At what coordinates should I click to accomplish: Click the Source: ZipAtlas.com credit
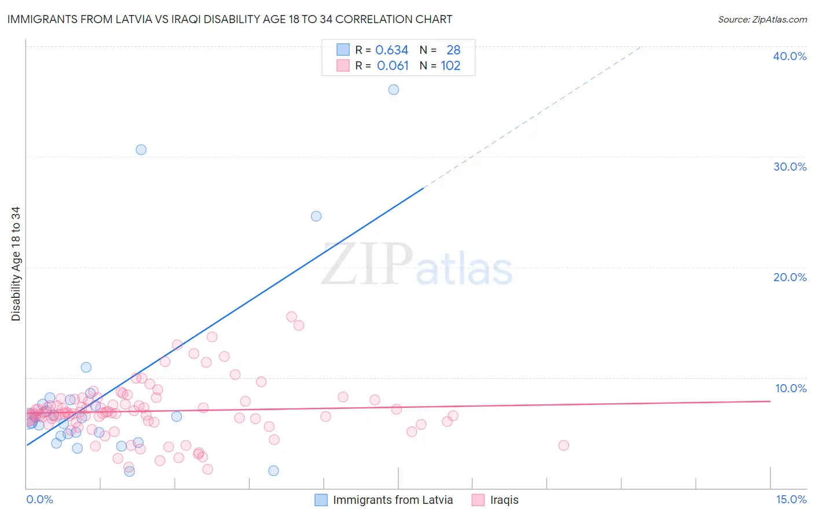point(762,19)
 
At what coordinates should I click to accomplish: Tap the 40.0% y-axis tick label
point(789,56)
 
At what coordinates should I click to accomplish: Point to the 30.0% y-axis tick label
point(789,167)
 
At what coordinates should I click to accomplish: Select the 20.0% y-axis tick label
point(789,277)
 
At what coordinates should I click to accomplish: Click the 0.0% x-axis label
point(39,499)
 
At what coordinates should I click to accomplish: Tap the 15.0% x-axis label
point(791,499)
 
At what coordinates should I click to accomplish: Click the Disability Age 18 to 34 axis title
point(16,264)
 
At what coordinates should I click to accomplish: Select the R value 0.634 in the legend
point(392,50)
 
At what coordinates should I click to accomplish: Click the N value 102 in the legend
point(450,66)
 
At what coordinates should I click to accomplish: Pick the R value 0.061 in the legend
point(393,66)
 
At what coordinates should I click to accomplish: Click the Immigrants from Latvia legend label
point(393,500)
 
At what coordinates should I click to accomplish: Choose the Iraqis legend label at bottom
point(504,500)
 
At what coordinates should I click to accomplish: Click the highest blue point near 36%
point(394,90)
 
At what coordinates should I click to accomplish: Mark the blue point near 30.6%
point(141,150)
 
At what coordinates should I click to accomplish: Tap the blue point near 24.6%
point(316,216)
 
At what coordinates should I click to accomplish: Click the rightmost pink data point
point(563,445)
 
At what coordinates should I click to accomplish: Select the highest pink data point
point(292,317)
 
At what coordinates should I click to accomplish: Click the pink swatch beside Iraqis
point(478,500)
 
